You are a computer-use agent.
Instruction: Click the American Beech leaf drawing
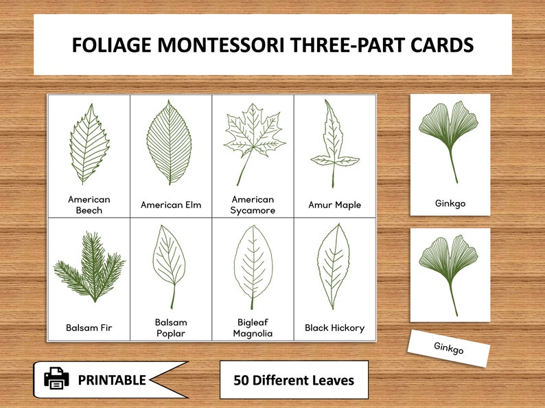(x=87, y=144)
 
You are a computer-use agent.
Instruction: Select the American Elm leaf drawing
(x=170, y=142)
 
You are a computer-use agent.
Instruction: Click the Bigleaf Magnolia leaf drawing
(x=253, y=267)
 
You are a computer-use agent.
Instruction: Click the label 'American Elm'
(x=171, y=205)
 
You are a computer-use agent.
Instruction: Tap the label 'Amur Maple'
(x=335, y=205)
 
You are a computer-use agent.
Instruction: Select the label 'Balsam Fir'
(x=89, y=328)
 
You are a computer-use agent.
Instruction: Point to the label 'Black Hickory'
(x=335, y=328)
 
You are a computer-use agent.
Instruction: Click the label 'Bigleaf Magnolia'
(x=253, y=328)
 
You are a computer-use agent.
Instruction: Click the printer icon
(x=56, y=378)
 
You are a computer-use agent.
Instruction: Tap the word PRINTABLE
(x=111, y=380)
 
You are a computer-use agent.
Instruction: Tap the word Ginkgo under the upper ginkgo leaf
(x=450, y=203)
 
